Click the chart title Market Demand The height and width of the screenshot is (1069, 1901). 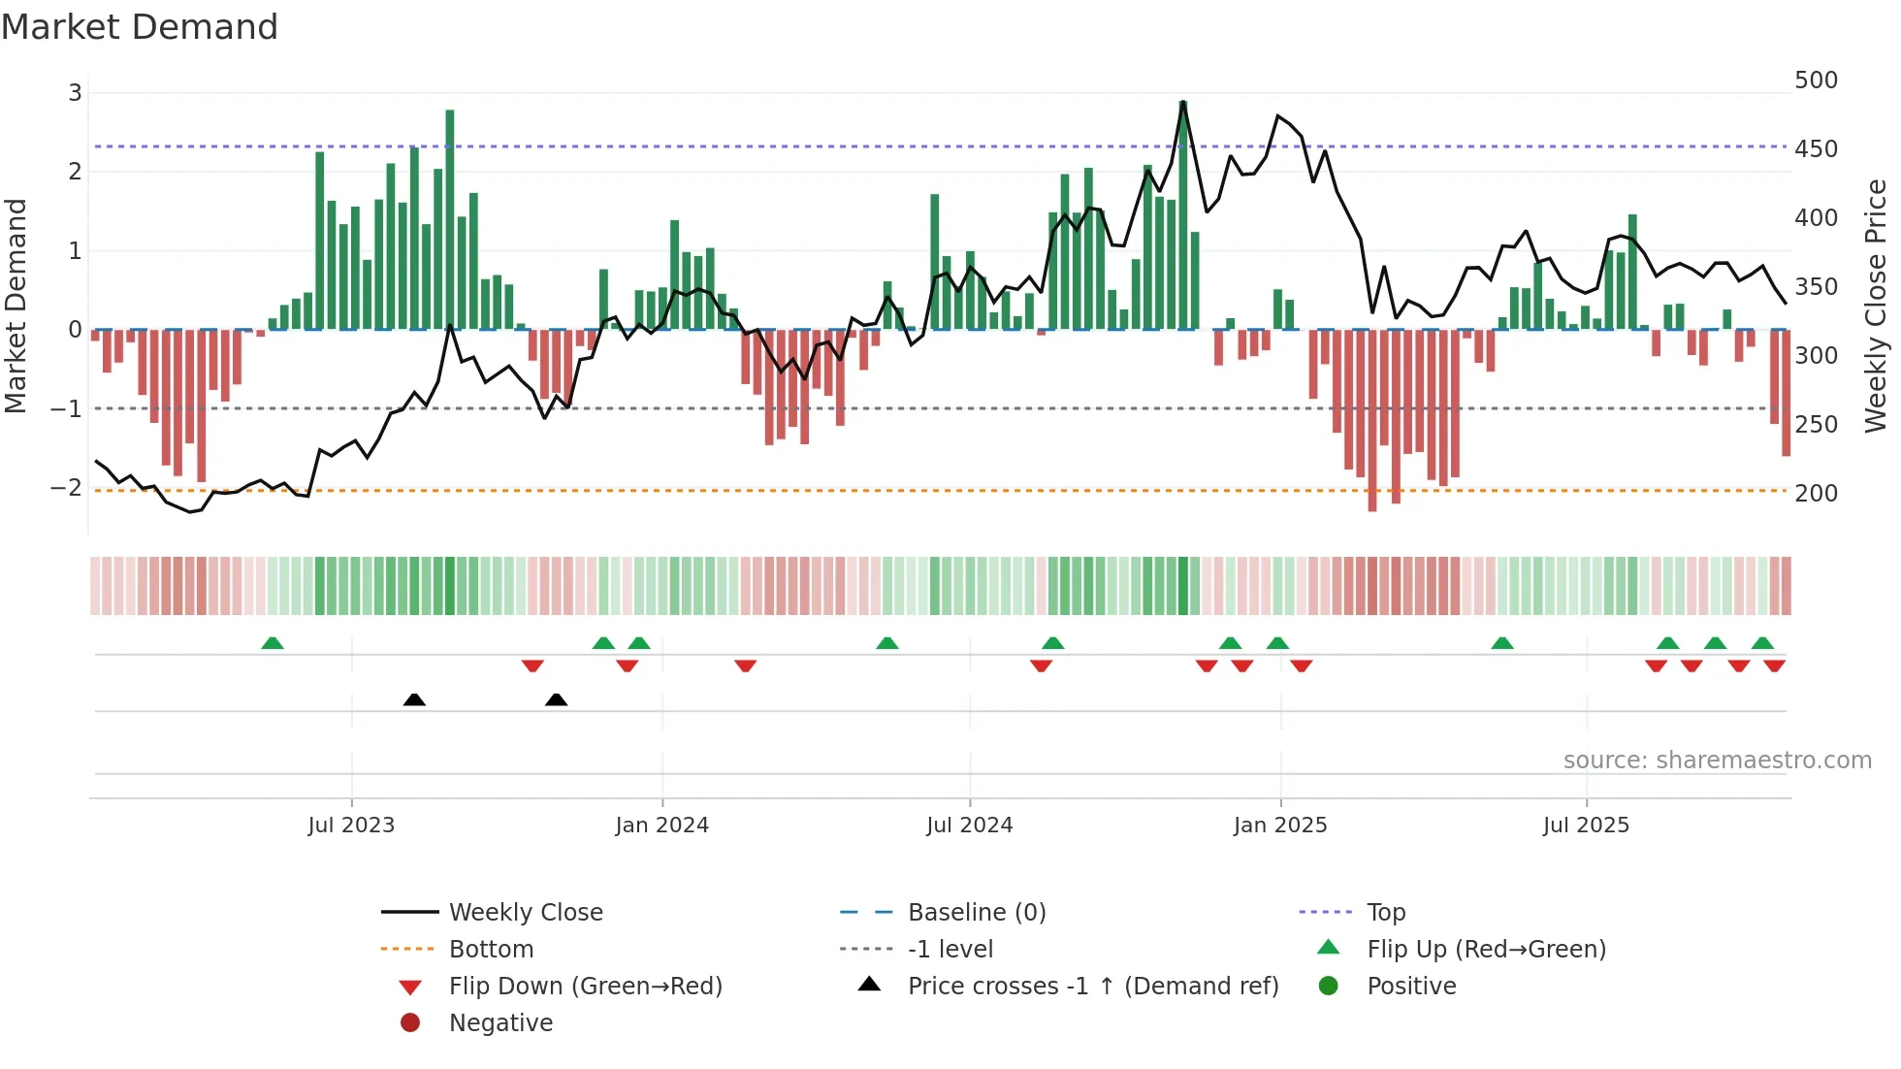click(x=140, y=27)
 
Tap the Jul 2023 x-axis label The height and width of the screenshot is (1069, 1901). click(x=351, y=826)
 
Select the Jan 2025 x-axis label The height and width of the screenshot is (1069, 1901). click(x=1280, y=826)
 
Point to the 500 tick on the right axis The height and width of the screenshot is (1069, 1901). click(x=1816, y=81)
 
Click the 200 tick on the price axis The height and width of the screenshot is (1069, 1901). click(x=1816, y=494)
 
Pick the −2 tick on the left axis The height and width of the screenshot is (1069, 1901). click(x=66, y=488)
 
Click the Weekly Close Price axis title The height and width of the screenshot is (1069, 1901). click(x=1876, y=306)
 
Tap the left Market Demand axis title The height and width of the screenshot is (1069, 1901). click(x=16, y=306)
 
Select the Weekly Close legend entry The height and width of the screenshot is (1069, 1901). click(x=525, y=913)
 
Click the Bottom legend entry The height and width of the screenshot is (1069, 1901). click(x=491, y=950)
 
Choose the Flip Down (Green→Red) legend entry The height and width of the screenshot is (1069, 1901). click(x=585, y=987)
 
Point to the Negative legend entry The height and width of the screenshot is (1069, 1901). click(x=500, y=1023)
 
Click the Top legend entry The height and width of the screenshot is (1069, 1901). click(x=1386, y=913)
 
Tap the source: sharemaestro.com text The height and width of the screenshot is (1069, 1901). click(x=1717, y=761)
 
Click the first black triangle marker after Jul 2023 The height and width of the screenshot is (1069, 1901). click(x=414, y=699)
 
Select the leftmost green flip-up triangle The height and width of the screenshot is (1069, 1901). click(x=273, y=643)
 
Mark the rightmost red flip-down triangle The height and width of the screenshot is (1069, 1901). click(x=1775, y=665)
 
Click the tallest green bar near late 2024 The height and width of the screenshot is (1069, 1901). click(x=1182, y=213)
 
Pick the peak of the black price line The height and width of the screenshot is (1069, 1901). click(x=1183, y=101)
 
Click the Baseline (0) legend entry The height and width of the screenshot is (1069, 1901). click(x=976, y=913)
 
